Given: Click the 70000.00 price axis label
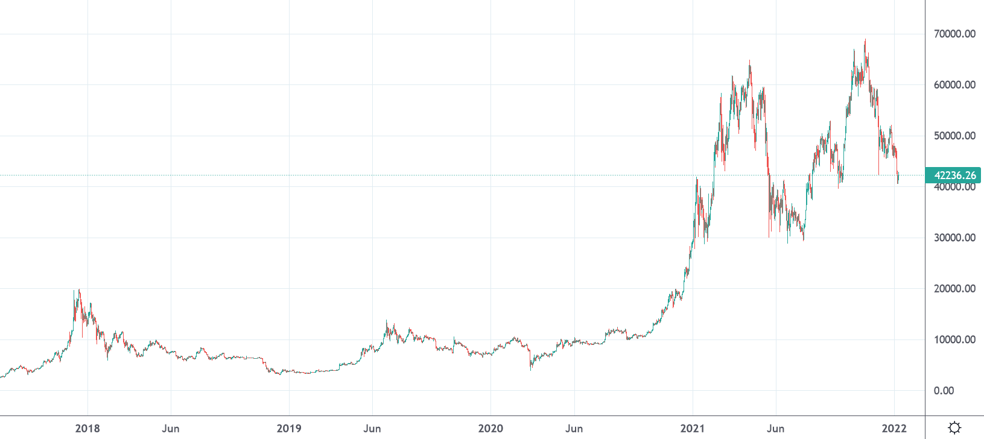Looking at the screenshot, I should (x=954, y=34).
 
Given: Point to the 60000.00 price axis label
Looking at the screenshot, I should (x=954, y=85).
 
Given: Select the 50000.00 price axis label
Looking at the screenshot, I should (x=954, y=136).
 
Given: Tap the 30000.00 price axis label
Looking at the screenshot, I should (x=954, y=238).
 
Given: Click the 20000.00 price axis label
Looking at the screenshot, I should (x=954, y=289).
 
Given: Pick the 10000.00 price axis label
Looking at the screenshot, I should (x=954, y=340).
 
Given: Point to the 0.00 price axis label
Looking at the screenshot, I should (x=944, y=391).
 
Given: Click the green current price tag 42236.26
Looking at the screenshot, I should (x=954, y=175).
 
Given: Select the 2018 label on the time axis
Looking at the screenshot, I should (x=87, y=428).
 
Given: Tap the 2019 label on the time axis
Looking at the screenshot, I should (x=289, y=428).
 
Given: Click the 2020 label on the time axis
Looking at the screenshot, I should (x=490, y=428).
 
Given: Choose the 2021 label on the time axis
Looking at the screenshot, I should (x=693, y=428).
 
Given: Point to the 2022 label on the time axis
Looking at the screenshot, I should (x=894, y=428).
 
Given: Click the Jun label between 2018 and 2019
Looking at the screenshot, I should (x=171, y=428).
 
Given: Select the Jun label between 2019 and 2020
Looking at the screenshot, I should (x=372, y=428).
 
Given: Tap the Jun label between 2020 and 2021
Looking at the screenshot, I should (x=574, y=428).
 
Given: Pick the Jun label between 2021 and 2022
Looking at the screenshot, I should (x=775, y=428).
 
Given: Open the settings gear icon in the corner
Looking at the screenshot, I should (x=954, y=428).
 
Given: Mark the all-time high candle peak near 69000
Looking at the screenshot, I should (x=865, y=40).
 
